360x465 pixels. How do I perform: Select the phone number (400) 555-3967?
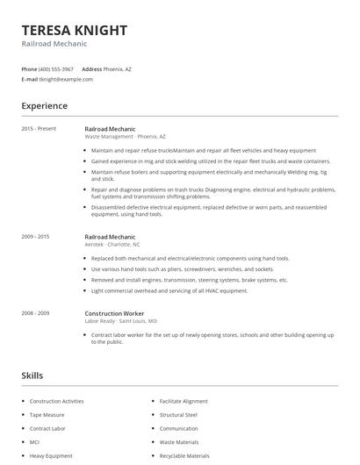(56, 68)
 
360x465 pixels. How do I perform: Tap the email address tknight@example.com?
(66, 79)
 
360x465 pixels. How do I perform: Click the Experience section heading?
(44, 106)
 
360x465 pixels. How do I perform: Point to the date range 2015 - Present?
(39, 129)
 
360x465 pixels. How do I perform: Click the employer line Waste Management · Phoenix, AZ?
(125, 137)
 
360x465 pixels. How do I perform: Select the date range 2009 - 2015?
(35, 237)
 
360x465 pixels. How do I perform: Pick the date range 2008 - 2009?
(35, 313)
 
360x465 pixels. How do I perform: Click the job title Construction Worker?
(114, 313)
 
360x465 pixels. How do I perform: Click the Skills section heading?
(32, 376)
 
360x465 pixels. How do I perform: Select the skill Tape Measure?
(48, 415)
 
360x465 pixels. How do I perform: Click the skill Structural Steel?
(178, 415)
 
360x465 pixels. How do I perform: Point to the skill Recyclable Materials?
(184, 456)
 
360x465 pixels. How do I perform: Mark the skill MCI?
(35, 442)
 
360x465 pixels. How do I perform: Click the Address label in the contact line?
(92, 68)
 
